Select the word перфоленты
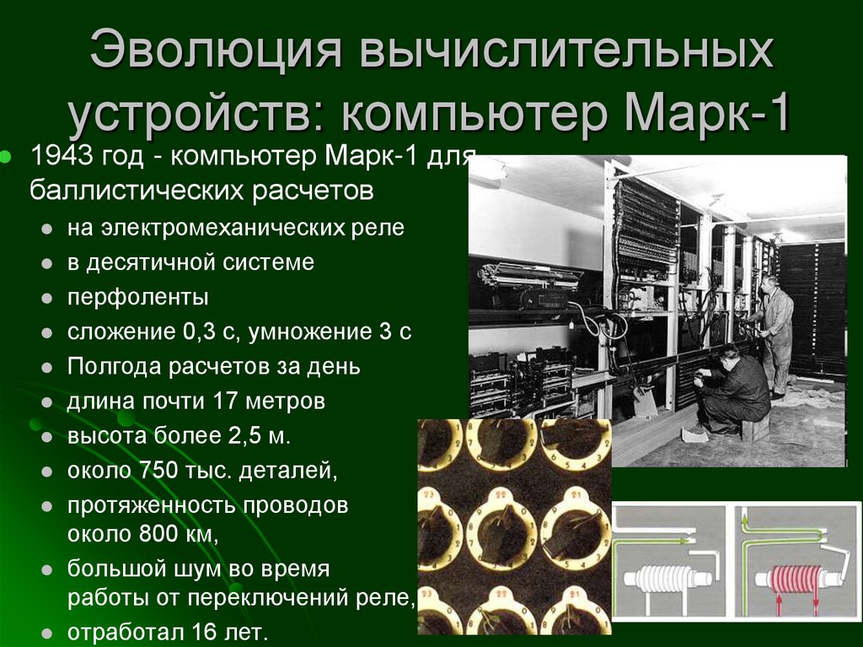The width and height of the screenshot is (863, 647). tap(138, 297)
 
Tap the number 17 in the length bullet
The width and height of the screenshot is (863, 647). tap(230, 401)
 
